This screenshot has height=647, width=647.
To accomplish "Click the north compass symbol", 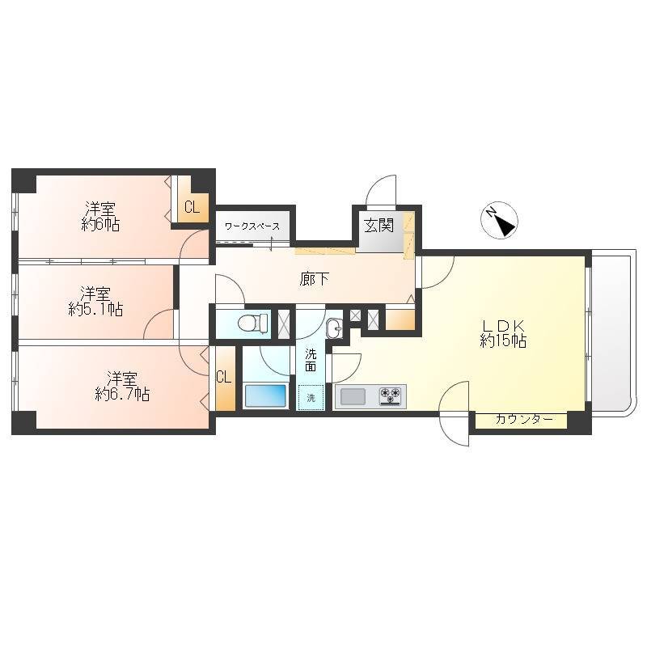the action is click(x=499, y=220).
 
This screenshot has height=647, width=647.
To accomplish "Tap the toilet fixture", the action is click(x=252, y=322).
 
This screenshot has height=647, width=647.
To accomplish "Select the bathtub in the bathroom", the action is click(x=265, y=395).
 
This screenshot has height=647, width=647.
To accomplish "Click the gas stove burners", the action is click(x=390, y=395).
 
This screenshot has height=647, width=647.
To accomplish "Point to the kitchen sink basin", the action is click(x=353, y=396).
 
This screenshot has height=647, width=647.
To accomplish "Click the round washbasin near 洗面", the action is click(x=334, y=328).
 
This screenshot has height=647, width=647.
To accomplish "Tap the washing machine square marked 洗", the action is click(x=311, y=397).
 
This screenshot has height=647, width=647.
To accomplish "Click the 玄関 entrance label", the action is click(x=378, y=226).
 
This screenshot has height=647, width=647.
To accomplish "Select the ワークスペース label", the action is click(x=252, y=226).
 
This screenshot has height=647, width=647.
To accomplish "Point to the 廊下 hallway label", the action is click(x=314, y=279).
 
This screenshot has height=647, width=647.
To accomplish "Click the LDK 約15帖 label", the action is click(x=503, y=333).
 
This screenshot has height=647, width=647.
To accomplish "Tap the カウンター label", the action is click(x=524, y=420).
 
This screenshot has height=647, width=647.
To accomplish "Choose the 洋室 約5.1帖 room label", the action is click(x=95, y=302).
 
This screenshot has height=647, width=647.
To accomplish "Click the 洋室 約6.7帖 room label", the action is click(x=122, y=387).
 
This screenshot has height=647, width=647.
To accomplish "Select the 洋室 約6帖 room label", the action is click(x=100, y=216).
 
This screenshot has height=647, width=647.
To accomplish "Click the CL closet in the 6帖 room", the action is click(x=192, y=207).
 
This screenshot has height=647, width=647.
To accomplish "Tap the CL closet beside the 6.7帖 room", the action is click(x=223, y=377).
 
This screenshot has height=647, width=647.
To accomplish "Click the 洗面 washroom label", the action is click(x=311, y=360).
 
